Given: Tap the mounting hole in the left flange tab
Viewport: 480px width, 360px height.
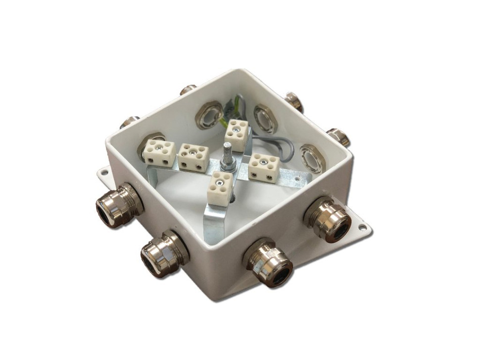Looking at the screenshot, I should tap(104, 173).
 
